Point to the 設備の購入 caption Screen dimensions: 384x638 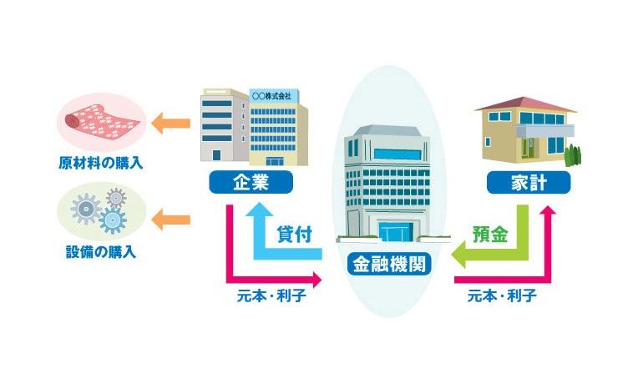102,251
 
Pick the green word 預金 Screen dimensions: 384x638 489,235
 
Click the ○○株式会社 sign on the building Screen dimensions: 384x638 272,97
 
